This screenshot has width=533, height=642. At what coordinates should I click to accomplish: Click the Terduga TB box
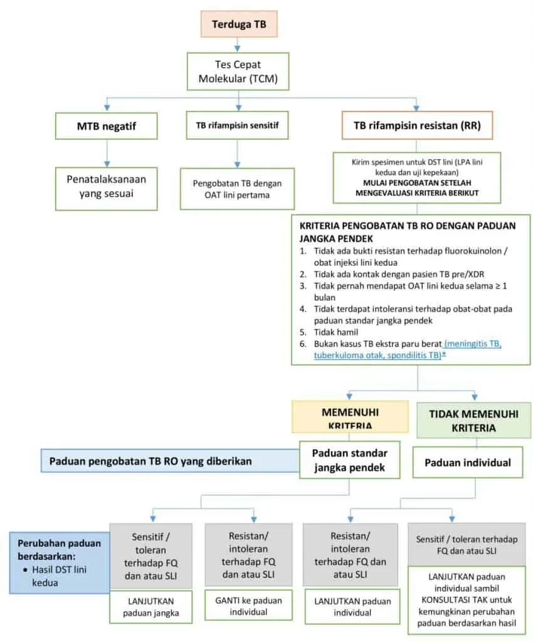point(239,24)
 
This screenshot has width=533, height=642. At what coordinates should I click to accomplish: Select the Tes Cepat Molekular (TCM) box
point(238,71)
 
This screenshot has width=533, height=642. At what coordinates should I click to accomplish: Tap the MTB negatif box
point(107,125)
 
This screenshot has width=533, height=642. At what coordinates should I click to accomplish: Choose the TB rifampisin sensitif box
point(238,125)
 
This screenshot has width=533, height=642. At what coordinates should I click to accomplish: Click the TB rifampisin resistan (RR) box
point(417,125)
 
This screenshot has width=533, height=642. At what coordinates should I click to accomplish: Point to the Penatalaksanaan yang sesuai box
point(107,188)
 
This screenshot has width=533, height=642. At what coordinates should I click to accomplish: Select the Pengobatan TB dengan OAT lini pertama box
point(238,189)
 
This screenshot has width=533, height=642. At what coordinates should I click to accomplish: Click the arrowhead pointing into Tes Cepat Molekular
point(238,49)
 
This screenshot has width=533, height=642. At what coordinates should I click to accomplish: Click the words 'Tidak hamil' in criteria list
point(335,332)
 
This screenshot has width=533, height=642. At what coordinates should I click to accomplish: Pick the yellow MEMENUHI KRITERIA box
point(350,417)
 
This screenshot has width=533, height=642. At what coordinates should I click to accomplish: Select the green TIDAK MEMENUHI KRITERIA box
point(473,421)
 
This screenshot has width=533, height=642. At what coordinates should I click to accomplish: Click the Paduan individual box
point(468,463)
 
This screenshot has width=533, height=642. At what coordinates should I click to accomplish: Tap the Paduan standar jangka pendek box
point(350,460)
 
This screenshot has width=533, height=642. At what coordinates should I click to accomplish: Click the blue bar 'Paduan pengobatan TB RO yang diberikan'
point(170,461)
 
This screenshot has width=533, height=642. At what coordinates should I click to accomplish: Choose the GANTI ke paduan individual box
point(248,606)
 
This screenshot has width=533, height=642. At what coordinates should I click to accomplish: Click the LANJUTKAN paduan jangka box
point(150,607)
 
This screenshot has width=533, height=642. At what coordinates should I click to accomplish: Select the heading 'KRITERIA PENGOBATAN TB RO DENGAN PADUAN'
point(408,226)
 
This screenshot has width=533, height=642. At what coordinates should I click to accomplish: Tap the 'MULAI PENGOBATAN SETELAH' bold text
point(417,182)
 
